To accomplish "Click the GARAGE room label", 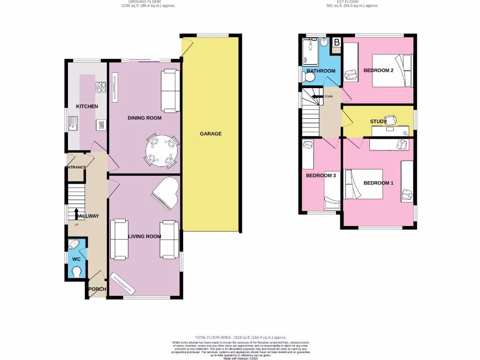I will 210,134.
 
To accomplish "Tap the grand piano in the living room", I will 165,192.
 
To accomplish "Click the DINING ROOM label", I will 144,118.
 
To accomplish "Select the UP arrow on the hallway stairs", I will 76,213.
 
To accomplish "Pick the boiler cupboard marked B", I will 337,43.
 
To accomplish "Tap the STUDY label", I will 378,121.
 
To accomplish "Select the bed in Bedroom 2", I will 392,70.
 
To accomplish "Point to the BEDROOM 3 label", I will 321,176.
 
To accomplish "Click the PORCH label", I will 97,289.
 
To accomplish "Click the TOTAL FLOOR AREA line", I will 240,337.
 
